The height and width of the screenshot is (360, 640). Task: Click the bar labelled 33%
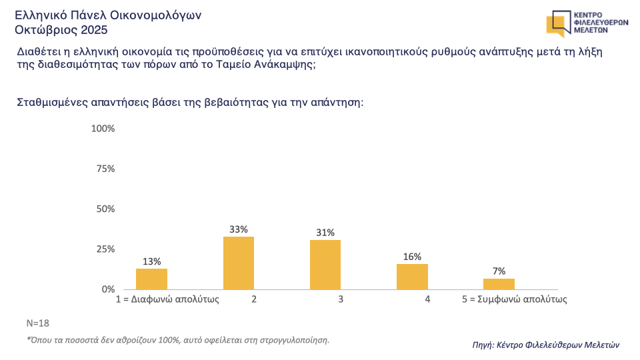pos(239,263)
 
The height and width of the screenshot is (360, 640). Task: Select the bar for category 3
pos(325,265)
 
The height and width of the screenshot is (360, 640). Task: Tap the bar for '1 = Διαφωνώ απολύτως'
pos(151,279)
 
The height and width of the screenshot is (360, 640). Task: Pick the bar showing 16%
pos(412,277)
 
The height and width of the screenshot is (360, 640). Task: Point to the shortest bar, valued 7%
pos(499,284)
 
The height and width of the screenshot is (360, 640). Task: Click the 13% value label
pos(151,261)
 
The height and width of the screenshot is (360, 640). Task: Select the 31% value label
pos(325,233)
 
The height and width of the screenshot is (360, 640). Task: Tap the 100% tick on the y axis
pos(103,128)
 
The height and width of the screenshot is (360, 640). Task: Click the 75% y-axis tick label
pos(105,169)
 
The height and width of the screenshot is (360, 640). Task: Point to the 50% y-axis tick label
pos(105,209)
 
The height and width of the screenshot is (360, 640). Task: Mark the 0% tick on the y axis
pos(108,289)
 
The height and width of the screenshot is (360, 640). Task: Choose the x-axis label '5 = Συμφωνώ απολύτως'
pos(515,300)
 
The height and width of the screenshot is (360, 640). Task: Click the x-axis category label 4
pos(427,300)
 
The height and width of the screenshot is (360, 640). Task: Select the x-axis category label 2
pos(254,300)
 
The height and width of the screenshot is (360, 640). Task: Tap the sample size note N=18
pos(39,323)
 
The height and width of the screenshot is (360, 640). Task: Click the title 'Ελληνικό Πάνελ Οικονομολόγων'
pos(108,15)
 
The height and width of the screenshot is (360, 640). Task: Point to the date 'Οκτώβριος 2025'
pos(61,30)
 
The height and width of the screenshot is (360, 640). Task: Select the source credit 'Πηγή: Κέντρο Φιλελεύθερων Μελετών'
pos(545,345)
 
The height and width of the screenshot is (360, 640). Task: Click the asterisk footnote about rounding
pos(178,340)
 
